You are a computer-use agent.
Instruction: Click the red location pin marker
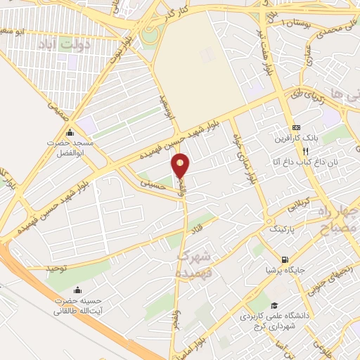click(181, 165)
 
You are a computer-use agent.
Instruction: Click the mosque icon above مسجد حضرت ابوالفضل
click(70, 132)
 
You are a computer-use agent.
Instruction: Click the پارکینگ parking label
click(275, 229)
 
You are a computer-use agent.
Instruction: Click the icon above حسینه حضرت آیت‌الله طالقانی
click(77, 290)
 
